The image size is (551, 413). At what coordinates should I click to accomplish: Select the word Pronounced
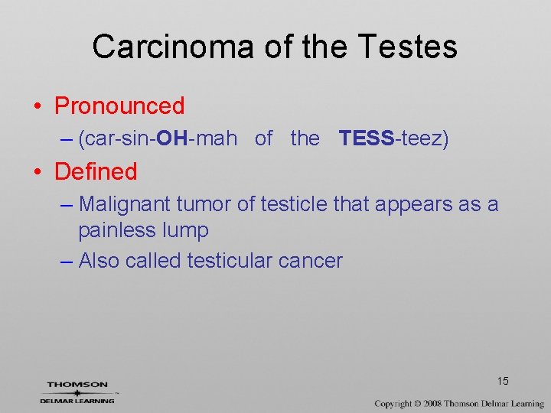[119, 106]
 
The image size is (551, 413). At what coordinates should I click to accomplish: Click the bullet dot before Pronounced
[37, 106]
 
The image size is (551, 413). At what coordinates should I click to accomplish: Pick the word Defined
[96, 171]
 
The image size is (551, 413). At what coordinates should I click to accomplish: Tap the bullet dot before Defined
[37, 172]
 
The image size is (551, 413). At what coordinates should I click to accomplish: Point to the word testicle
[296, 204]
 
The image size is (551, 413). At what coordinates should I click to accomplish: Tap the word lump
[187, 230]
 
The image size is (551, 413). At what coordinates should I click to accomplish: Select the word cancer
[311, 261]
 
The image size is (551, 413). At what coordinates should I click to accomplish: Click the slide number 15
[503, 381]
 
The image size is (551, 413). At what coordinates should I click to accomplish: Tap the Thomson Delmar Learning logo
[78, 392]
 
